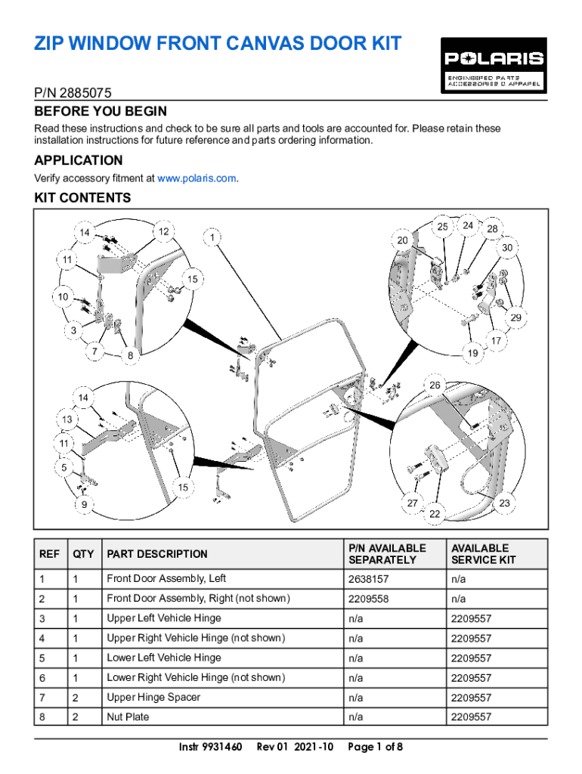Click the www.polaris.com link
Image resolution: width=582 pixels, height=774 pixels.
(197, 178)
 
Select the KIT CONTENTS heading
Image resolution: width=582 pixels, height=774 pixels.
(82, 198)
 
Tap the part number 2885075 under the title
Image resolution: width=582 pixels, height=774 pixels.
(73, 94)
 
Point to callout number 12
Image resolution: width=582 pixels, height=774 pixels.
(163, 231)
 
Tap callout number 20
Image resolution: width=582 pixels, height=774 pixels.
(402, 240)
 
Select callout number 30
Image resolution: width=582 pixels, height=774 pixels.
(507, 247)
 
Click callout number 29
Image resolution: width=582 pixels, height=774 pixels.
(515, 317)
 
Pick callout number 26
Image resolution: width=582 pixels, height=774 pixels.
(435, 385)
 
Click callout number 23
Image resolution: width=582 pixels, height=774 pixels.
(505, 503)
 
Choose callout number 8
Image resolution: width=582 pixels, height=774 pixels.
(130, 354)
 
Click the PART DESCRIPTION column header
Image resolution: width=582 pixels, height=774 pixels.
(157, 554)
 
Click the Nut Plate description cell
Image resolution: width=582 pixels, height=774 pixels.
(128, 717)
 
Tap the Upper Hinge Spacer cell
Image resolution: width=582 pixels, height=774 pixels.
(153, 697)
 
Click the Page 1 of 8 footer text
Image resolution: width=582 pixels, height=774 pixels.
(375, 747)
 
